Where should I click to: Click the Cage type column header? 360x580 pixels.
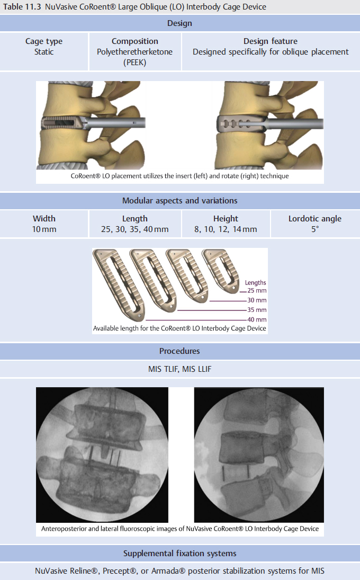point(44,41)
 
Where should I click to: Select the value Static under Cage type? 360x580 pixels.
point(44,52)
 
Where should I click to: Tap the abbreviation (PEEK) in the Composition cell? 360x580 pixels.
point(134,63)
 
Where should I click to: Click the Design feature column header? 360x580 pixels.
point(270,41)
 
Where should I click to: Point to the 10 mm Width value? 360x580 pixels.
point(44,229)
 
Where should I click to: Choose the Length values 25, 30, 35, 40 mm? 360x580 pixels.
point(134,229)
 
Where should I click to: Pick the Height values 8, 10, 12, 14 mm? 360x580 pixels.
point(226,229)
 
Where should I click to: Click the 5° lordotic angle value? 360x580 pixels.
point(314,229)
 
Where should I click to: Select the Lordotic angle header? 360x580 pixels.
point(314,219)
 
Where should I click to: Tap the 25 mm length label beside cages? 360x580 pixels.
point(257,291)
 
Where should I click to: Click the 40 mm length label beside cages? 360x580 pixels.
point(257,320)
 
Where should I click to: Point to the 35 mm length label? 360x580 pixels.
point(257,310)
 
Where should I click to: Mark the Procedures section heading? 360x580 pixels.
point(179,351)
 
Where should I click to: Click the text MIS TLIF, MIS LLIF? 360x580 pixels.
point(179,369)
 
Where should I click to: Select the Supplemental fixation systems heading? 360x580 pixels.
point(179,554)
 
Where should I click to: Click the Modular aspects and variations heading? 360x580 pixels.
point(179,201)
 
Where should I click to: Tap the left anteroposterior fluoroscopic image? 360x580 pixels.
point(102,454)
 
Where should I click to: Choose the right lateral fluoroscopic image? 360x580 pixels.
point(259,454)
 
